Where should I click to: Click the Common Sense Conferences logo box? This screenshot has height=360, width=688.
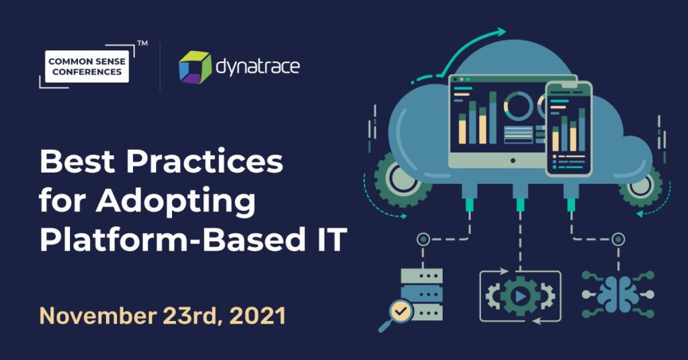pyautogui.click(x=87, y=66)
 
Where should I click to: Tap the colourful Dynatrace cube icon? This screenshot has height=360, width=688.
pyautogui.click(x=195, y=67)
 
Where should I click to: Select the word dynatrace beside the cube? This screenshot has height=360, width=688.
pyautogui.click(x=258, y=67)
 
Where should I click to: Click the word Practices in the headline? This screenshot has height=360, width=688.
pyautogui.click(x=204, y=161)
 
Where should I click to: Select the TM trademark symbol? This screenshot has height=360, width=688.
pyautogui.click(x=142, y=44)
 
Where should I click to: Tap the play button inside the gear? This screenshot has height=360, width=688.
pyautogui.click(x=521, y=297)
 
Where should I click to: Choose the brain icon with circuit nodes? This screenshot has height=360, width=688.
pyautogui.click(x=618, y=294)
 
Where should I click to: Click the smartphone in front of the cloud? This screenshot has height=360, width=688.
pyautogui.click(x=568, y=129)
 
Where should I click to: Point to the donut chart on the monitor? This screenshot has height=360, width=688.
pyautogui.click(x=519, y=105)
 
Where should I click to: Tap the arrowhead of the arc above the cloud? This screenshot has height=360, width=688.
pyautogui.click(x=500, y=32)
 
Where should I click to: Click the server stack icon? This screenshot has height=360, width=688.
pyautogui.click(x=422, y=294)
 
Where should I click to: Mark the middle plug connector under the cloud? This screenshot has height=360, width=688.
pyautogui.click(x=520, y=197)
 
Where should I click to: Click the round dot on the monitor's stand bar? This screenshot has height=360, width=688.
pyautogui.click(x=513, y=161)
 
